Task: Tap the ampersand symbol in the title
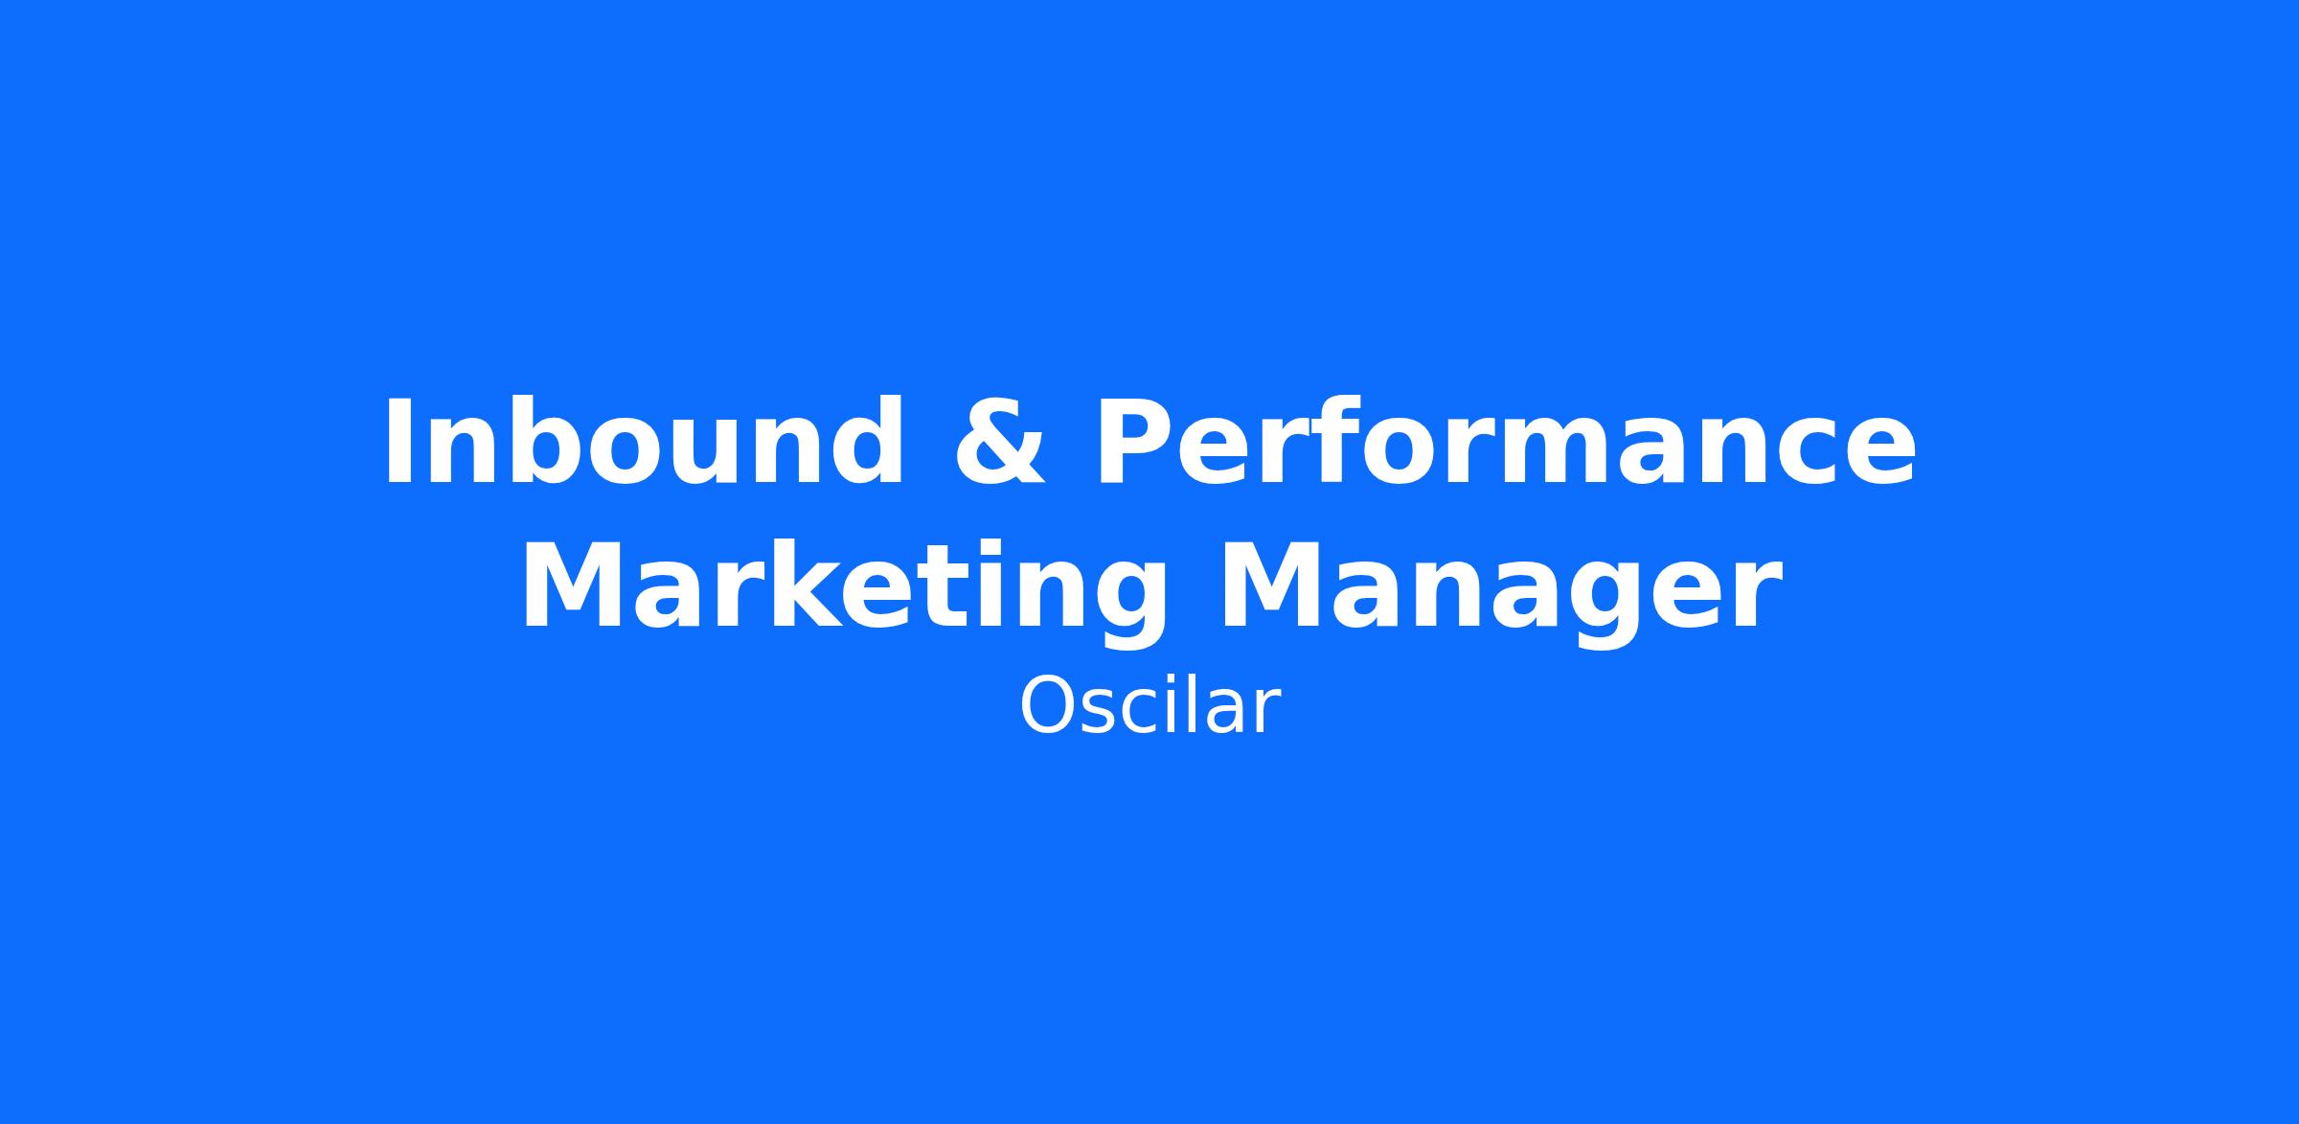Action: pos(999,443)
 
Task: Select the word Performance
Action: pos(1505,442)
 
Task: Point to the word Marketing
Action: pos(843,586)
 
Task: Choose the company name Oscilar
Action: pos(1149,706)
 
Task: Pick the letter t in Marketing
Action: pos(954,589)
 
